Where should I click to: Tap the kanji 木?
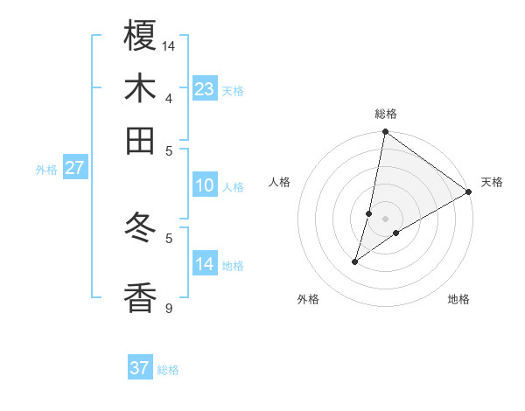[140, 88]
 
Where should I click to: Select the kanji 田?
[140, 140]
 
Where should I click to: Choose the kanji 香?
[140, 297]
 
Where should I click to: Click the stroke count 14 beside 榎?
[170, 45]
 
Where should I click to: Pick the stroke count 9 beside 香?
[170, 308]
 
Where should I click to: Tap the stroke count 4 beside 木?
[170, 97]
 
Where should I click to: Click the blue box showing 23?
[204, 89]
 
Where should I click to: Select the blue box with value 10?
[204, 185]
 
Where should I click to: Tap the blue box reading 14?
[204, 264]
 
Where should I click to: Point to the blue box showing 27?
[74, 168]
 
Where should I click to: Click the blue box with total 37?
[139, 368]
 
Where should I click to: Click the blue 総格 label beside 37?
[168, 370]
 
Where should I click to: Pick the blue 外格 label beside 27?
[45, 170]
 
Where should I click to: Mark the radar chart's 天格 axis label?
[492, 182]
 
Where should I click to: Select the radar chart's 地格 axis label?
[458, 299]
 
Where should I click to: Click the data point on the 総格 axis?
[385, 132]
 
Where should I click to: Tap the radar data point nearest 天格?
[469, 192]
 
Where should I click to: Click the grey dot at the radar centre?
[385, 219]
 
